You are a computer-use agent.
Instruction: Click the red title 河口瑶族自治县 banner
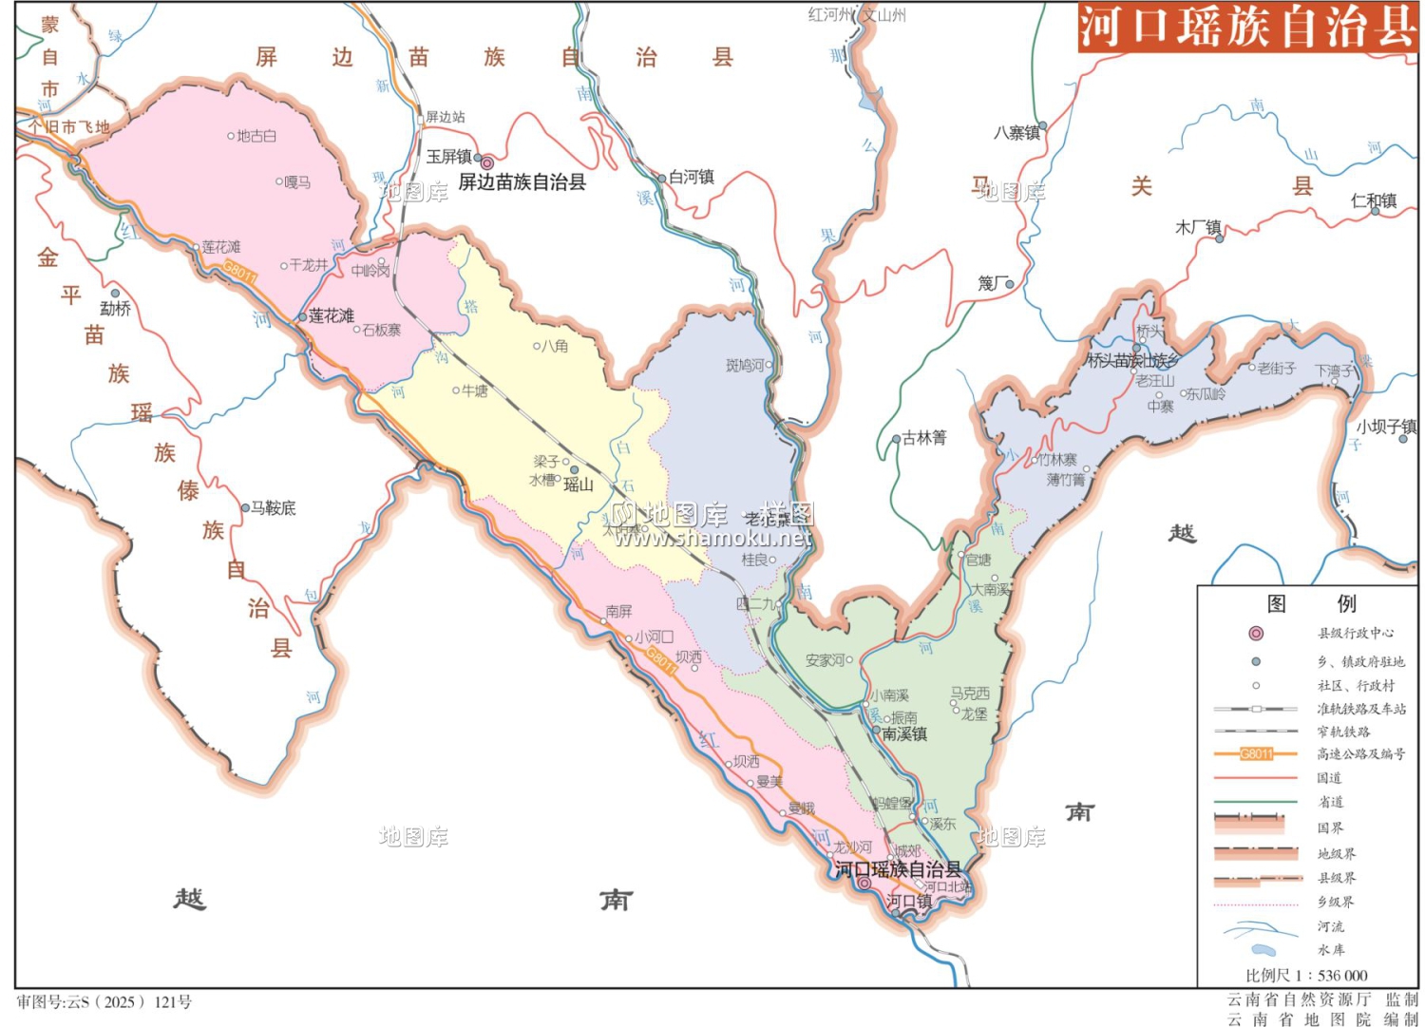[1246, 27]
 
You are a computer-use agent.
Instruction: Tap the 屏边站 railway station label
[445, 117]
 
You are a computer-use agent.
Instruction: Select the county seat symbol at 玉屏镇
[486, 162]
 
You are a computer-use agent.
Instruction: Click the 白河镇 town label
[692, 177]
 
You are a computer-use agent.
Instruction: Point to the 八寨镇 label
[1016, 133]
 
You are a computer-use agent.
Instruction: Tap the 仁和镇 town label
[1374, 200]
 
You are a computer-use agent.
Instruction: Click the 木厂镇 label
[1198, 228]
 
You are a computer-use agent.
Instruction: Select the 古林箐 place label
[924, 438]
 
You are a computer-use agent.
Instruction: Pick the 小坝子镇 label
[1386, 428]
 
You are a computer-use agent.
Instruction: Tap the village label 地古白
[256, 136]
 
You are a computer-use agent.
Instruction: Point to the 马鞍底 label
[273, 508]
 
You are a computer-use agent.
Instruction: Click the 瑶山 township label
[579, 485]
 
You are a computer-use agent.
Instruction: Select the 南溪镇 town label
[904, 734]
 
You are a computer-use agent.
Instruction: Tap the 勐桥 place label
[115, 309]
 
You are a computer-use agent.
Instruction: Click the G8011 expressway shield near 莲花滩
[240, 274]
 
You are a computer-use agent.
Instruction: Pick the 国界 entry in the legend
[1330, 827]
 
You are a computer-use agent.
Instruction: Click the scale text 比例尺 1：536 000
[1306, 976]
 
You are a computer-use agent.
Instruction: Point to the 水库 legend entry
[1331, 950]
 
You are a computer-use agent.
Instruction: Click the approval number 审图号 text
[104, 1002]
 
